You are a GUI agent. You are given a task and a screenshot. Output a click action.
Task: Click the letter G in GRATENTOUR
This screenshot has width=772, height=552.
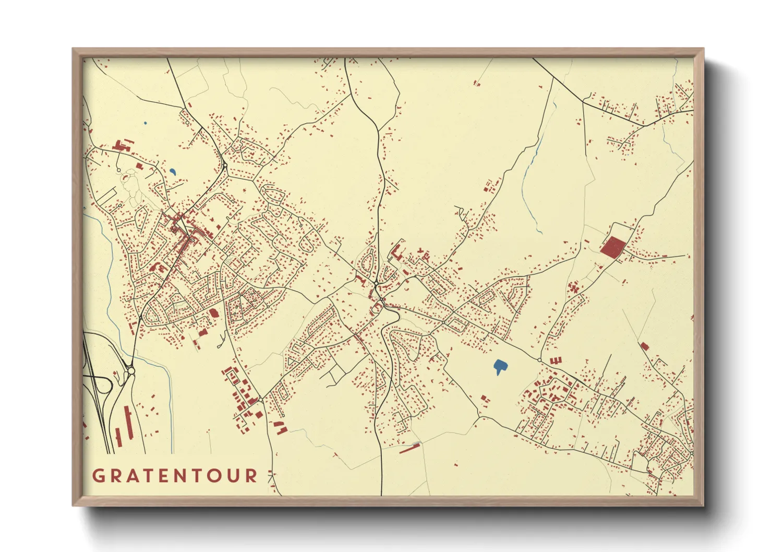pos(98,476)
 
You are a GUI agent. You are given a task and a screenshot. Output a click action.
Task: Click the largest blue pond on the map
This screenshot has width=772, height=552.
pos(500,367)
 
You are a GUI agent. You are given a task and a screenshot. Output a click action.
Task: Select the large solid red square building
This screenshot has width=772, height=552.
pos(612,246)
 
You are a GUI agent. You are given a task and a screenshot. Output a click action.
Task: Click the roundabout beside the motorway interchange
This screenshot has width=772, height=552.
pos(130,371)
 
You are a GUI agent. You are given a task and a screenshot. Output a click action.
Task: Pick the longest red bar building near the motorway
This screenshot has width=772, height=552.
pos(128,423)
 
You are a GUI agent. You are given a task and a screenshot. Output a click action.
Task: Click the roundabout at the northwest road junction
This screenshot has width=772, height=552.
pos(225,166)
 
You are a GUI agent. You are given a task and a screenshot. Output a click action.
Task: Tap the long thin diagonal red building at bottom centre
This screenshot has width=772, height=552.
pos(410,448)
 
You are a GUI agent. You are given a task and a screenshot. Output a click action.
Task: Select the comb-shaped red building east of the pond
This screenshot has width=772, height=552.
pos(556,361)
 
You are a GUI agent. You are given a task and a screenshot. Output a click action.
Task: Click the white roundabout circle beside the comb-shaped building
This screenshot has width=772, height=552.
pos(539,360)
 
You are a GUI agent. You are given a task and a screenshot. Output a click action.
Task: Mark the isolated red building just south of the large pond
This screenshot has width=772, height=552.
pos(485,399)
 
